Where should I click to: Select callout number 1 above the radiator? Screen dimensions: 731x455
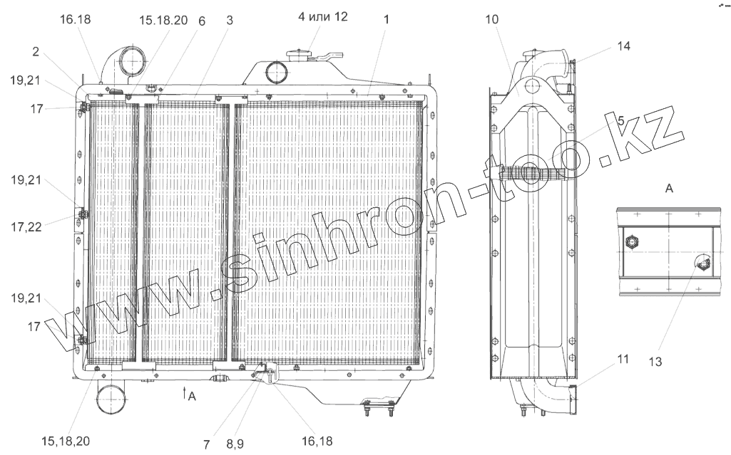[385, 21]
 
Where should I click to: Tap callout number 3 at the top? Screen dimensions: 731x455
[230, 21]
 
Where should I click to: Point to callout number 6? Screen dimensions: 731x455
[202, 21]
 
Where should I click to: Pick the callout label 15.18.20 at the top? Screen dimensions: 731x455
[165, 21]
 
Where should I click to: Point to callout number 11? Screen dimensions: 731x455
[623, 360]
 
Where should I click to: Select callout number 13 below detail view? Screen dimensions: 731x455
[655, 362]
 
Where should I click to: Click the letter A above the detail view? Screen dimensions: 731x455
[668, 188]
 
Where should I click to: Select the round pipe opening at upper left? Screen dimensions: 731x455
[127, 62]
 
